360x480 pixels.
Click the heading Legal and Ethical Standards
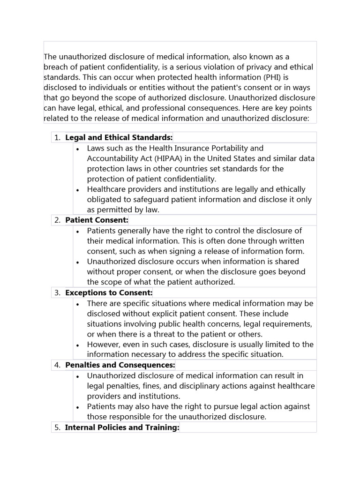click(x=119, y=137)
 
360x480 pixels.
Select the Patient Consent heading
click(x=97, y=220)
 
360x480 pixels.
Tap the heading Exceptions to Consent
click(x=109, y=292)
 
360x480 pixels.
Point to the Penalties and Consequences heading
click(x=120, y=365)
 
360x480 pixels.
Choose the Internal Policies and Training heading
click(x=122, y=427)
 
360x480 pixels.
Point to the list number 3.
click(x=57, y=292)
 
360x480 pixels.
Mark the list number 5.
click(x=57, y=427)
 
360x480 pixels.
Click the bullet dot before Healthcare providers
click(x=77, y=190)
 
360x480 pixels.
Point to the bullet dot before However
click(x=77, y=345)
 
